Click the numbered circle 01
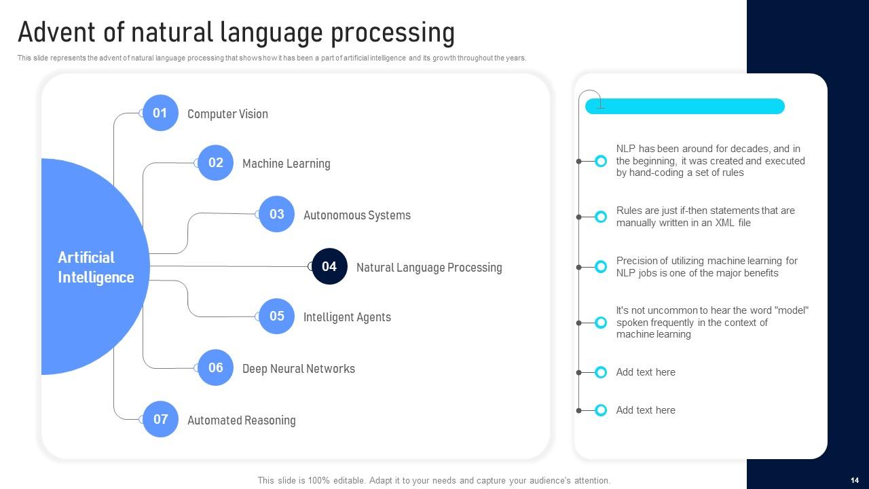[160, 113]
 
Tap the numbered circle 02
[216, 163]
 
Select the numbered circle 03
[277, 215]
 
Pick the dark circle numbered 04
[329, 266]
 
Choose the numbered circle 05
[277, 316]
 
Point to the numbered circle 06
[216, 368]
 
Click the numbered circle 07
[160, 420]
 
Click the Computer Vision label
[227, 114]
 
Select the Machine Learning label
[286, 164]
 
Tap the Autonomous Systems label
[356, 215]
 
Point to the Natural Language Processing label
[429, 268]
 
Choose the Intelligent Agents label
[347, 317]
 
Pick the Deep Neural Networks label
[298, 369]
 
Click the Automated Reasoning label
[241, 420]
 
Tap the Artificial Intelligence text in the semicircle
[95, 267]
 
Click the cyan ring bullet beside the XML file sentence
[601, 217]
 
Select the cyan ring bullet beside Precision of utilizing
[601, 267]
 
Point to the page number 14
[854, 480]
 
